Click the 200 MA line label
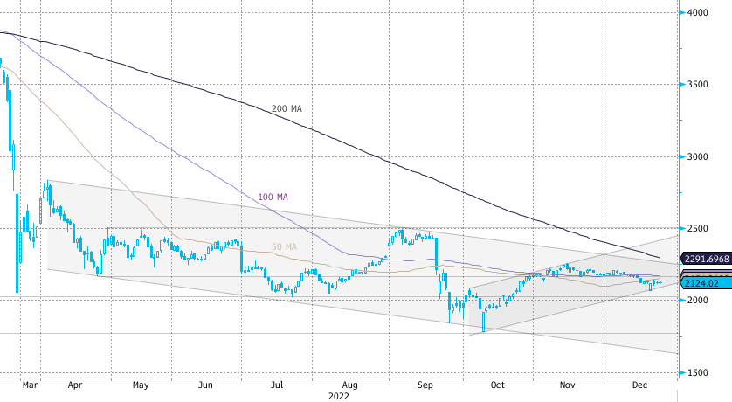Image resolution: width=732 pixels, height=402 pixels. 287,108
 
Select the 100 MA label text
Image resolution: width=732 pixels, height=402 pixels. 273,197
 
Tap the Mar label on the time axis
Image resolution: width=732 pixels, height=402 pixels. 30,384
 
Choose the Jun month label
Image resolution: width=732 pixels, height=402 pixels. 206,384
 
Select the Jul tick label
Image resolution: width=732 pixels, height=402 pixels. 276,384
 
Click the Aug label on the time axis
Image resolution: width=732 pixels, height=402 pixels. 350,384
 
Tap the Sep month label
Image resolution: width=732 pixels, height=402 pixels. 425,384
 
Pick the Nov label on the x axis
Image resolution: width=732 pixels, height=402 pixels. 567,384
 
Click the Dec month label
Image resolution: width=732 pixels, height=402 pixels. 639,384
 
